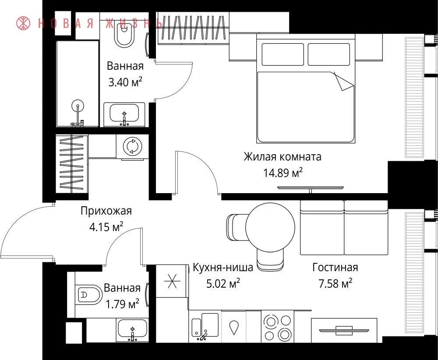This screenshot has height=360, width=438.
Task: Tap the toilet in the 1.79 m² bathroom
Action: coord(89,295)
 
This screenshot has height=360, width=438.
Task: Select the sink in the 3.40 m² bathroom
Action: coord(124,114)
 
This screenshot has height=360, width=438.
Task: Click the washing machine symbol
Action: coord(133,146)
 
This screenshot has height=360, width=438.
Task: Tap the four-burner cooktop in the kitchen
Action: coord(277,326)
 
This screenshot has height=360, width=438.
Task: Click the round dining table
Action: coord(270,228)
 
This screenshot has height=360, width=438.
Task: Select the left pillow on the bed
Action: coord(283,54)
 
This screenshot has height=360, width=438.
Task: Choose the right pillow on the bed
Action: coord(329,54)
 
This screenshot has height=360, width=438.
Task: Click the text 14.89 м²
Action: coord(283,173)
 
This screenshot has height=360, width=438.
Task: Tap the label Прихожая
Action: coord(106,211)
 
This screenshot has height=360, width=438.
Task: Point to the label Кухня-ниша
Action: coord(223,268)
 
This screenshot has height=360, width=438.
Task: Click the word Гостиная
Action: coord(335,268)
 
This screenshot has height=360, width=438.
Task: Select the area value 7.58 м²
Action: coord(335,284)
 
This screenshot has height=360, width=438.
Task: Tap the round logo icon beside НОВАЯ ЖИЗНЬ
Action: coord(23,23)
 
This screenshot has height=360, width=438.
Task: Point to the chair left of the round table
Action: coord(237,227)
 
